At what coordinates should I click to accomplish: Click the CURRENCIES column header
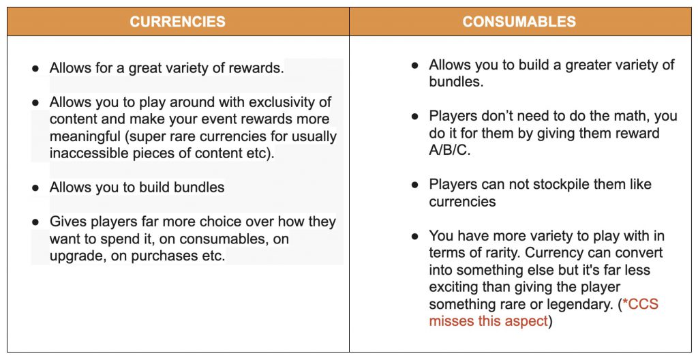[177, 22]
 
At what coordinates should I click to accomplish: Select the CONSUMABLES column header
[519, 22]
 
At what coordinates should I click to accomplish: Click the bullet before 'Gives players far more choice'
[35, 222]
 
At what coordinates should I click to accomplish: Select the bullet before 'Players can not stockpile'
[415, 185]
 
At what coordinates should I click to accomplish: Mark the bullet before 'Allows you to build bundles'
[35, 187]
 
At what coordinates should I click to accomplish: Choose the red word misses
[453, 321]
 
